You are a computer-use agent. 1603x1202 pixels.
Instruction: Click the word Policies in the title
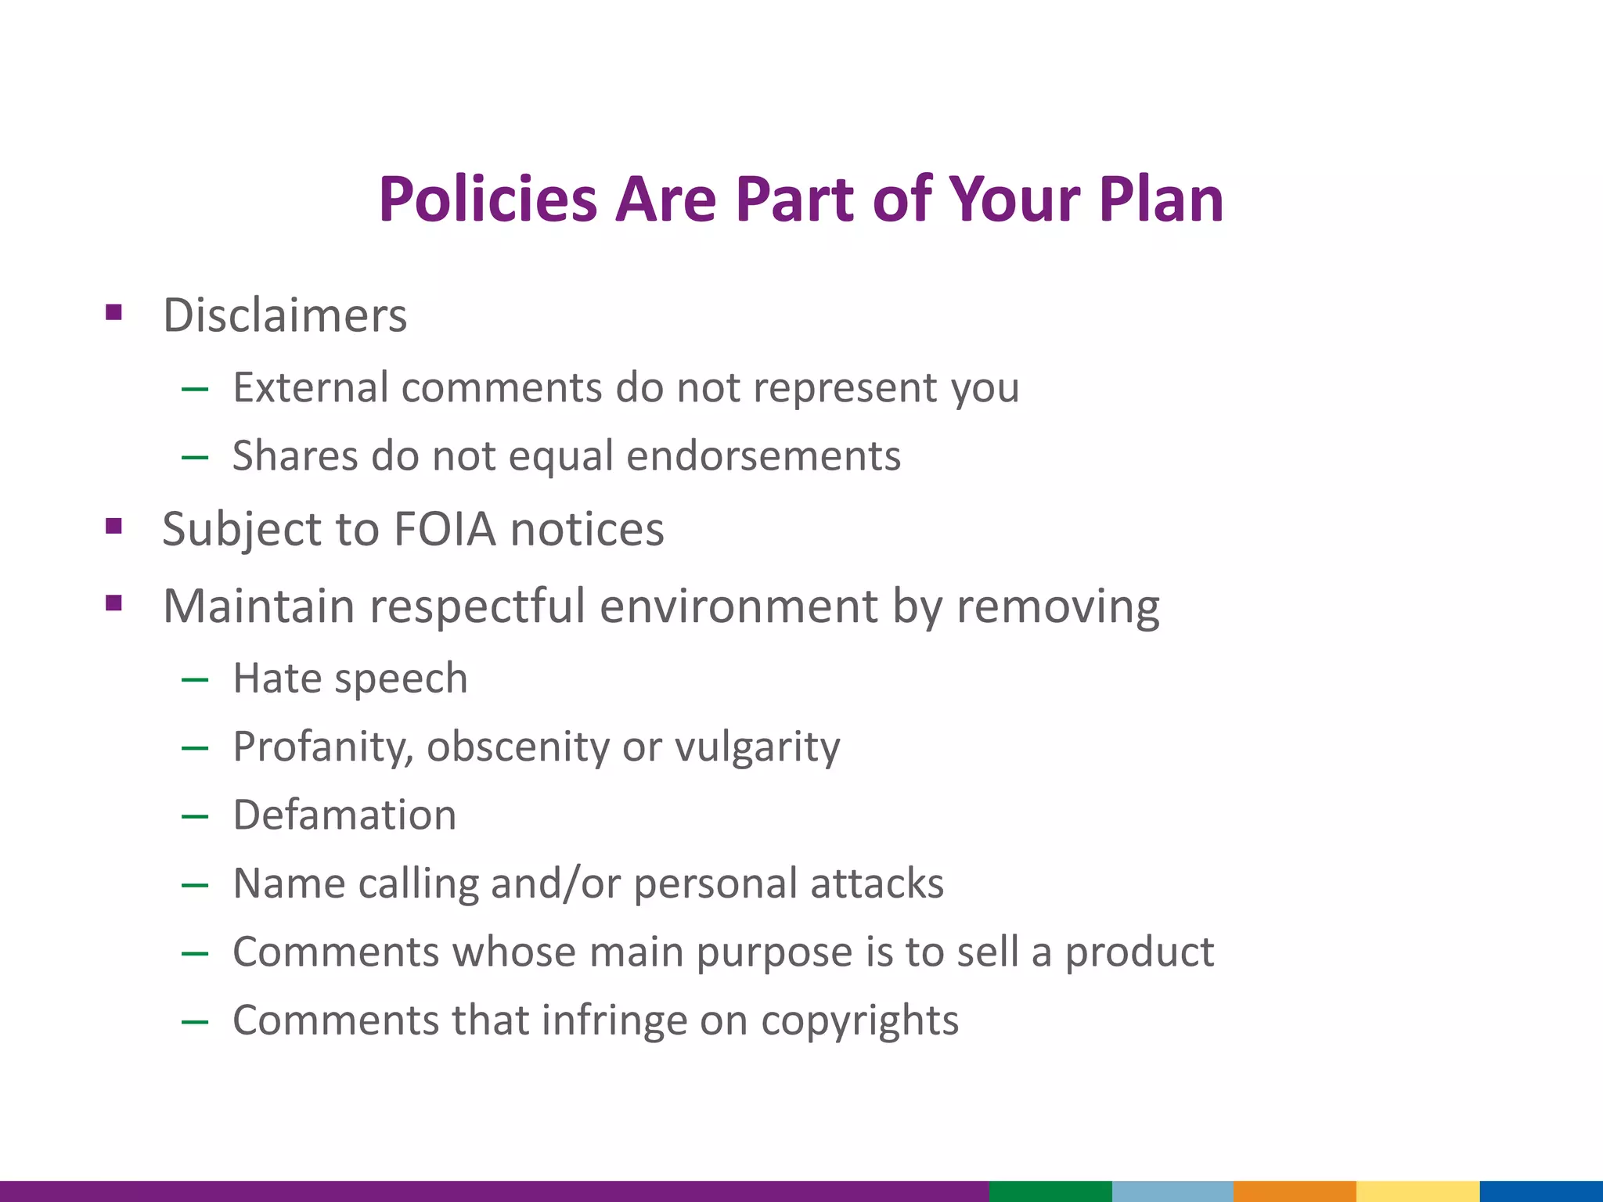click(x=488, y=200)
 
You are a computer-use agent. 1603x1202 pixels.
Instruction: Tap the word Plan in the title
click(x=1161, y=200)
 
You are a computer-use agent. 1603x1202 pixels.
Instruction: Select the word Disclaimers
click(x=285, y=315)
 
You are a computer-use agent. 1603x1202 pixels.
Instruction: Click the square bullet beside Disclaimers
click(x=114, y=313)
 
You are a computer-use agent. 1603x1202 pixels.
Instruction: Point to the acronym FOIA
click(x=444, y=529)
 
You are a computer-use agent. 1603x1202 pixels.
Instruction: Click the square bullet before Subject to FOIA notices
click(x=114, y=526)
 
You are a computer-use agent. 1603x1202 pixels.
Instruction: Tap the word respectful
click(x=477, y=606)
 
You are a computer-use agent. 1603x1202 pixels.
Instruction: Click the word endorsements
click(x=763, y=456)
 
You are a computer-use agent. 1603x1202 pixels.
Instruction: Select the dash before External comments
click(x=194, y=388)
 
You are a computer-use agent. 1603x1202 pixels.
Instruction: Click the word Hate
click(x=276, y=678)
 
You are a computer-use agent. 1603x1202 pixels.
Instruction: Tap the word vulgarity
click(x=757, y=747)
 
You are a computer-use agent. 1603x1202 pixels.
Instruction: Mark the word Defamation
click(x=344, y=815)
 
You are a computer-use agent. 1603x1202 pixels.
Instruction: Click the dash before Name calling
click(x=194, y=885)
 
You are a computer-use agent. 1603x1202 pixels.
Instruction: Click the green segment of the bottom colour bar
click(x=1050, y=1191)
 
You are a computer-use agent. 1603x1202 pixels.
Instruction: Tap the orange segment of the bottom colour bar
click(x=1295, y=1191)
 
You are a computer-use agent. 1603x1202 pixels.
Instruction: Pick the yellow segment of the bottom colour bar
click(x=1417, y=1191)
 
